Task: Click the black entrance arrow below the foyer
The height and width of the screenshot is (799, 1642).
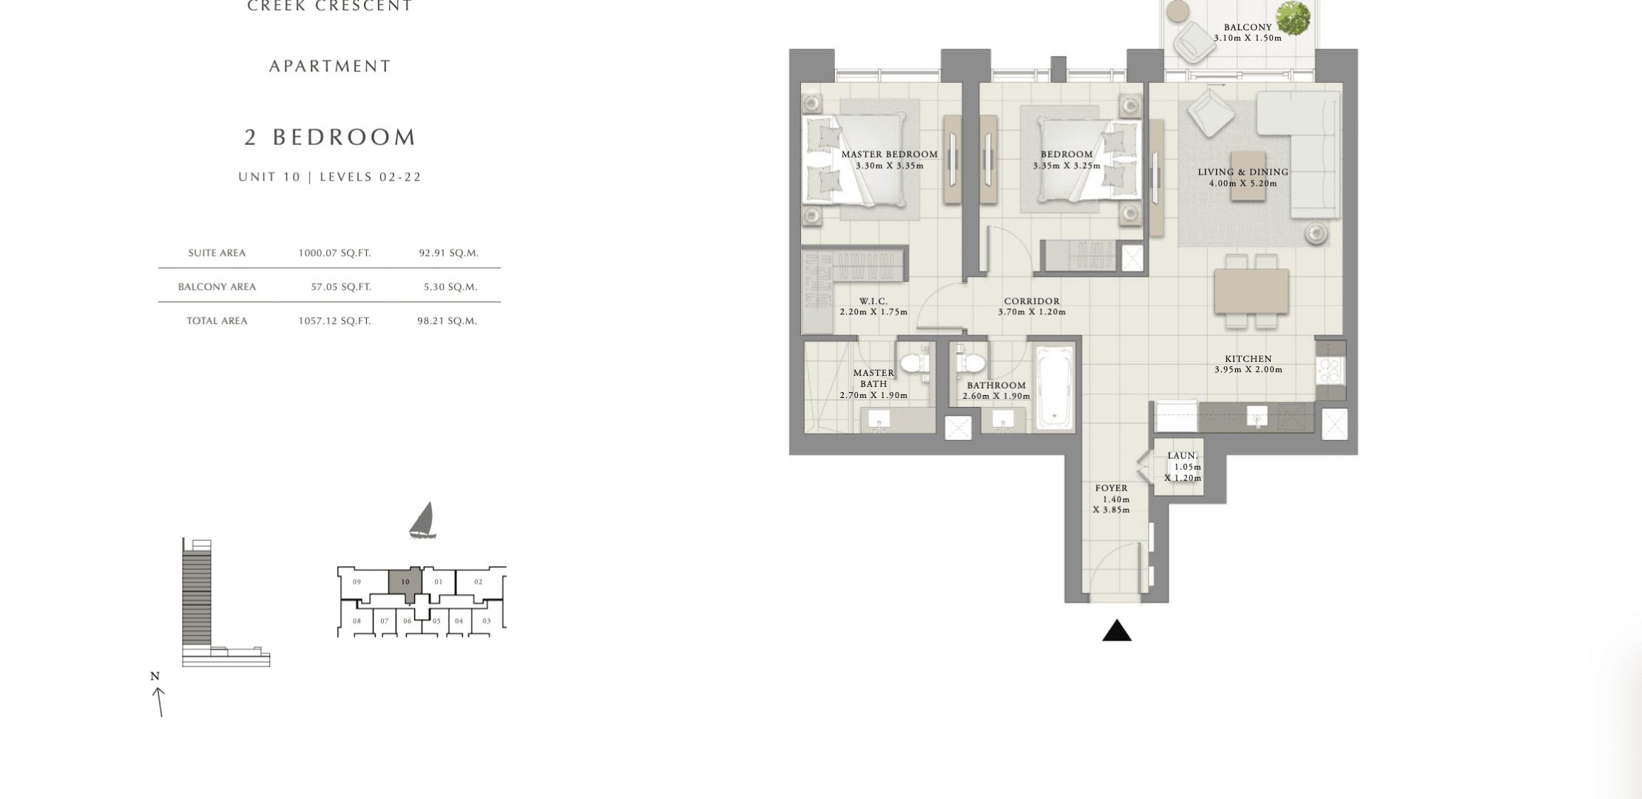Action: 1117,631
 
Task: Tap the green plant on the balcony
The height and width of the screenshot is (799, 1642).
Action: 1292,18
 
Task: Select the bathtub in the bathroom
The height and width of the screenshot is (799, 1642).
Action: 1054,387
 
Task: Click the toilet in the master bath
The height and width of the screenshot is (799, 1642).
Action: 916,363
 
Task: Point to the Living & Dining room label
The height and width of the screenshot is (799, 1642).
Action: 1243,172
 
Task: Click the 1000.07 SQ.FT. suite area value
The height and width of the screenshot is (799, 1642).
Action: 334,253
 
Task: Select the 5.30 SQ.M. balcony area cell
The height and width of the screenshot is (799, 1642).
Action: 450,287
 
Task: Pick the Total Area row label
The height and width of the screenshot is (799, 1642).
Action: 217,321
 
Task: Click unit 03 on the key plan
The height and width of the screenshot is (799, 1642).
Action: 486,621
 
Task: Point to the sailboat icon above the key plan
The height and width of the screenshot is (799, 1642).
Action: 422,520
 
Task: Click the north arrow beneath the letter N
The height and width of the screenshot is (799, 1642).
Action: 159,702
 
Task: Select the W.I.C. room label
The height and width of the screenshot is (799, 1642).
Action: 874,301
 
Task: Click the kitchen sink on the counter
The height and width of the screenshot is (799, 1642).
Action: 1257,417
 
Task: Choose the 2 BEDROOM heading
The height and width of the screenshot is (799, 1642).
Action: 331,137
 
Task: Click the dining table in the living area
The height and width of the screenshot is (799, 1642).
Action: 1251,291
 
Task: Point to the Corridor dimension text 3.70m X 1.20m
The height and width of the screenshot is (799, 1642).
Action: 1032,312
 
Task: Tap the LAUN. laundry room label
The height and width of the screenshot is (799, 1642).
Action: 1183,456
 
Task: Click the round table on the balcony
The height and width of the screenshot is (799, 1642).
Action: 1178,12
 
